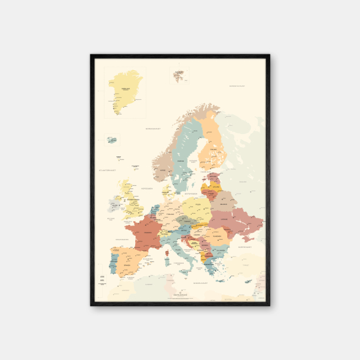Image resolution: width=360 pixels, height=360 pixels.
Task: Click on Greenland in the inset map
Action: [125, 89]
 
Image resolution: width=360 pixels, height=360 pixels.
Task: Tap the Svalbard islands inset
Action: [178, 76]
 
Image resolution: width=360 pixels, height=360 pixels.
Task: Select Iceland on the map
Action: [111, 140]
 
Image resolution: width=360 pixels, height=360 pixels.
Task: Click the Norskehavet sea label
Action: [153, 127]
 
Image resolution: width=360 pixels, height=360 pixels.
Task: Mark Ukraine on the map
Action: [233, 222]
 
